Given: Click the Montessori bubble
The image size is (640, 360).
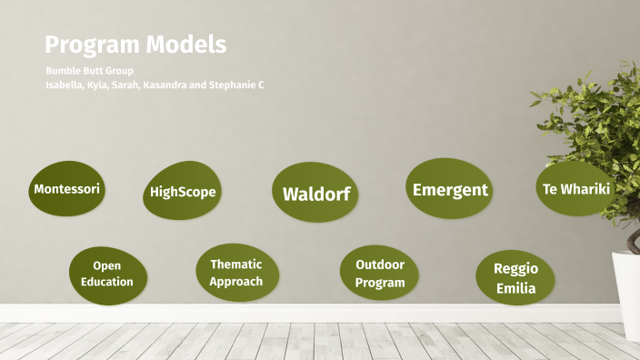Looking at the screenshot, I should [x=66, y=190].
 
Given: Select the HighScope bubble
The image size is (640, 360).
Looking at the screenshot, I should [x=183, y=192].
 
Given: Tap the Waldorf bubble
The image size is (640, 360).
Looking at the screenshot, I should [x=315, y=194].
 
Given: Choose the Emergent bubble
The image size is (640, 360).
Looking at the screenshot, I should [x=449, y=189].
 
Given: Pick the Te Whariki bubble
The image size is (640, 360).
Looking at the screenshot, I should [x=575, y=188].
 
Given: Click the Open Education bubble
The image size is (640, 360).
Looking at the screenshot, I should [x=106, y=274].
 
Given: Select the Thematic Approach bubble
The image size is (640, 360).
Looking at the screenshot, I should [x=236, y=273].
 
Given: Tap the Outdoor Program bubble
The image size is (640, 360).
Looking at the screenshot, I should [x=379, y=273].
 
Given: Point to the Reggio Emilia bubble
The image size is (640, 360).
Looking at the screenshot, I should [x=515, y=278].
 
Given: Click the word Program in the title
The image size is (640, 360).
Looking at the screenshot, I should [x=87, y=45].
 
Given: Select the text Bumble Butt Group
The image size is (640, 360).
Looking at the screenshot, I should [x=89, y=71].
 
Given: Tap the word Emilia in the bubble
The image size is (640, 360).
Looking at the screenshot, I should [x=515, y=289].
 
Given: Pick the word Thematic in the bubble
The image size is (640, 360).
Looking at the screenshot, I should [x=236, y=265].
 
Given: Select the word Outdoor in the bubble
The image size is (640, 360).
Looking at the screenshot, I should [x=380, y=265].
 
